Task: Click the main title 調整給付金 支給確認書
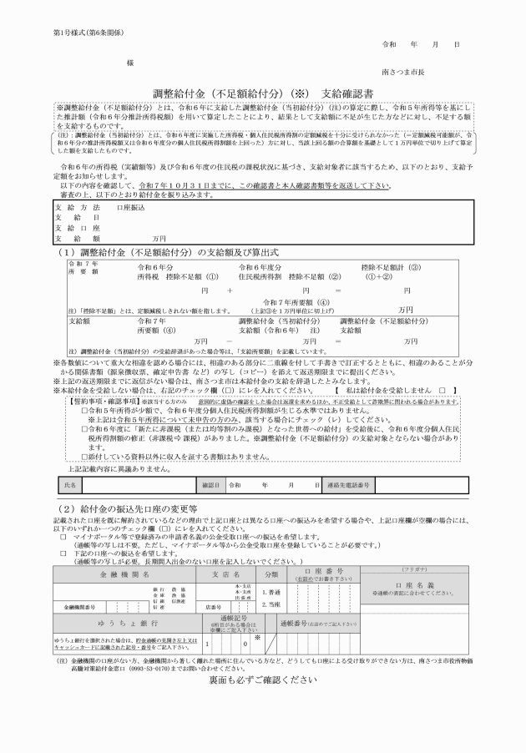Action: tap(263, 92)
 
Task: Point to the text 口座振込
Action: tap(129, 205)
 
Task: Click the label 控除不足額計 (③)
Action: tap(381, 266)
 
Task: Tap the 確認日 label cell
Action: tap(210, 484)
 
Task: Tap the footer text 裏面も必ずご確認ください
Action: tap(263, 680)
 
